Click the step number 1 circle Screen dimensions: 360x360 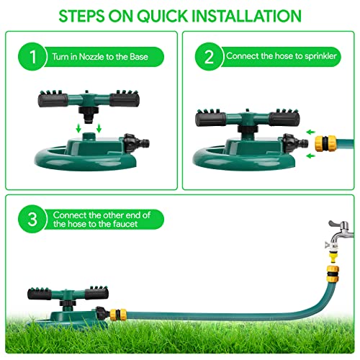32,57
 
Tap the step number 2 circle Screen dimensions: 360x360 209,57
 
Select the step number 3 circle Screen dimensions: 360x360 32,219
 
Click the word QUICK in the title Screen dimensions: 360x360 163,16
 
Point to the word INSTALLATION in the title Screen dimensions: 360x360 247,16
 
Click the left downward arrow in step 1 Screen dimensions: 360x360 78,128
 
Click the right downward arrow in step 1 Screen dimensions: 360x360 99,128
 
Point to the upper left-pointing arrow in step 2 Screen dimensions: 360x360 311,132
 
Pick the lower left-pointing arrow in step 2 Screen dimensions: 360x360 311,156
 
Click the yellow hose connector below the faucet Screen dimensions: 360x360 333,274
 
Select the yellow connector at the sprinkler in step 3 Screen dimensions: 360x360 118,315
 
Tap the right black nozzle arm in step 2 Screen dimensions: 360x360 284,119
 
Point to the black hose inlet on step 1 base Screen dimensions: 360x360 137,143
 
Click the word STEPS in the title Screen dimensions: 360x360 81,16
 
